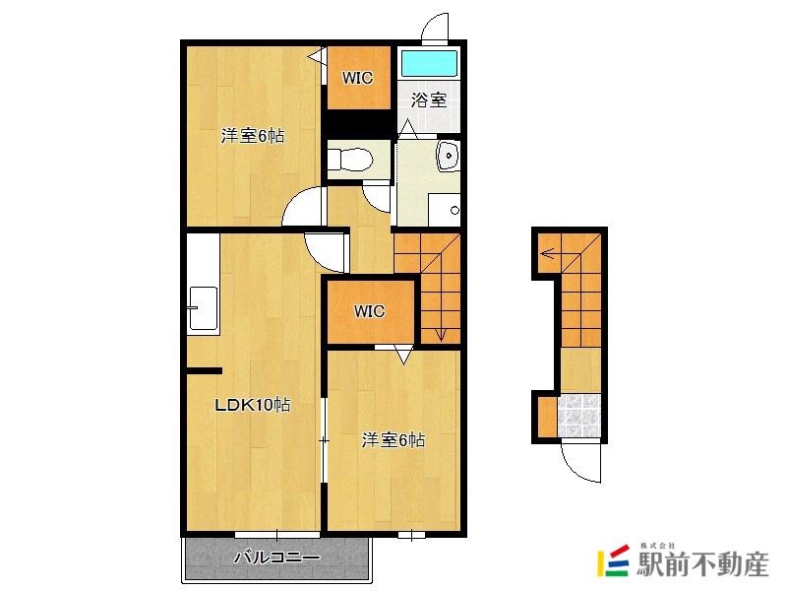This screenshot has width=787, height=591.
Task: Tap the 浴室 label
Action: [430, 99]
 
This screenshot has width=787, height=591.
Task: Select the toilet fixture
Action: [349, 158]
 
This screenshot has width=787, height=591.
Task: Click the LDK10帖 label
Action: [253, 404]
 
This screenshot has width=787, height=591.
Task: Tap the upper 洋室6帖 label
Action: [253, 136]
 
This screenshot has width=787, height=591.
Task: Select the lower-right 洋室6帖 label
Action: [393, 440]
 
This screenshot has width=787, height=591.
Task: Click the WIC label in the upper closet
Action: [357, 78]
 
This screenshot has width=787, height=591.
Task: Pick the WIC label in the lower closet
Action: [369, 312]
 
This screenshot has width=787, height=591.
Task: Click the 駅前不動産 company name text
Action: [702, 564]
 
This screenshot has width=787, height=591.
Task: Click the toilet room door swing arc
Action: [377, 195]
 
